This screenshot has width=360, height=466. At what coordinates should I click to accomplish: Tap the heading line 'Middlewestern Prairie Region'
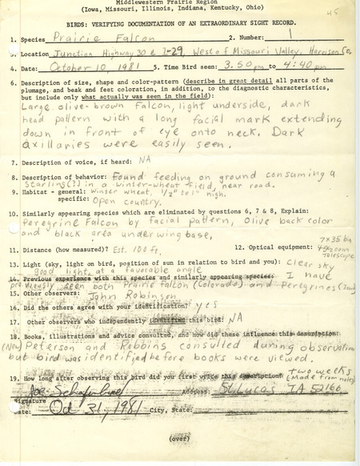click(176, 3)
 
